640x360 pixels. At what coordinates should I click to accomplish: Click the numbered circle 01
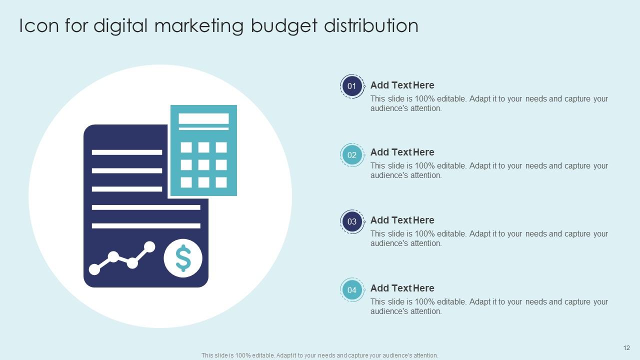pos(352,86)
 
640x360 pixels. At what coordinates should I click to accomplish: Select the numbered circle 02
pos(352,155)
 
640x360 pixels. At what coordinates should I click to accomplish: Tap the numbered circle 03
pos(352,222)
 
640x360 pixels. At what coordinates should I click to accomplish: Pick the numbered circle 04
pos(352,290)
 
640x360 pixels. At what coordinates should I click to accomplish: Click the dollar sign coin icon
pos(183,258)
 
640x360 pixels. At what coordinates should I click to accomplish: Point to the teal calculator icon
pos(203,150)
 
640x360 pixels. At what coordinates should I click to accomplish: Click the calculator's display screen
pos(203,118)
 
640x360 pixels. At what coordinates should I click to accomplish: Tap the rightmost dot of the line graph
pos(149,246)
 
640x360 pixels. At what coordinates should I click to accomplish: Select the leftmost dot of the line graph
pos(94,269)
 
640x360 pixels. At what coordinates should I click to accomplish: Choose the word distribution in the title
pos(371,26)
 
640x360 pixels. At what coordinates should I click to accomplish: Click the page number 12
pos(626,348)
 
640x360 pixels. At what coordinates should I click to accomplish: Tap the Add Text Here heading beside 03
pos(402,220)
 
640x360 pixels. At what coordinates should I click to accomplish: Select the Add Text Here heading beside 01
pos(402,85)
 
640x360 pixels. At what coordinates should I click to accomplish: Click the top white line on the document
pos(127,152)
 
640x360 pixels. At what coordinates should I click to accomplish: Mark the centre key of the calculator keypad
pos(203,165)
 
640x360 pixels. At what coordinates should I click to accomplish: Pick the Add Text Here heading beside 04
pos(402,288)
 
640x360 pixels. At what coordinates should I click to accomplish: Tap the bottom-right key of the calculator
pos(221,182)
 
